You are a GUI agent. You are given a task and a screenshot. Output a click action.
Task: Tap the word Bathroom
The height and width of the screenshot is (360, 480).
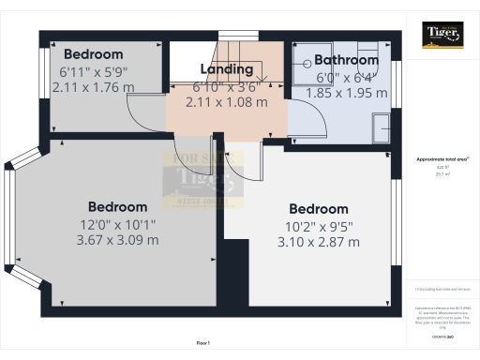(347, 60)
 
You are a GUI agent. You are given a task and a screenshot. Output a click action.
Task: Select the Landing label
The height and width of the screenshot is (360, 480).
(227, 69)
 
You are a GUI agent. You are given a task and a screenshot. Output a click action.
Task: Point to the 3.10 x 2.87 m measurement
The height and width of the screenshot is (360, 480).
(319, 242)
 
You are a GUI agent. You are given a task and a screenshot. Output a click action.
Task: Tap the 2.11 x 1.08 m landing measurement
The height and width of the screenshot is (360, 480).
(227, 101)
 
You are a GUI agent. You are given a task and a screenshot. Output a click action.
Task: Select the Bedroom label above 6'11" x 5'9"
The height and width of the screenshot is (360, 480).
(93, 54)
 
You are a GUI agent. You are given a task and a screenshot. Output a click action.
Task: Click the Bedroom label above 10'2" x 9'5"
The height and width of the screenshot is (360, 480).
(319, 208)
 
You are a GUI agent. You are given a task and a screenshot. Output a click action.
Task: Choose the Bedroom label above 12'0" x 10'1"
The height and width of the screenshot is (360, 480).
(117, 206)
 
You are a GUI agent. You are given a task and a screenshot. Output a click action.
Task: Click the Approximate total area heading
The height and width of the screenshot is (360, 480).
(441, 159)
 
